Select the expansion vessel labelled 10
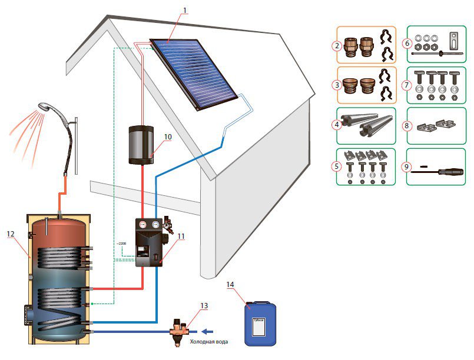click(x=141, y=144)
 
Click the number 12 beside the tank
click(x=10, y=234)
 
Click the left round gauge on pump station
click(x=143, y=225)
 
